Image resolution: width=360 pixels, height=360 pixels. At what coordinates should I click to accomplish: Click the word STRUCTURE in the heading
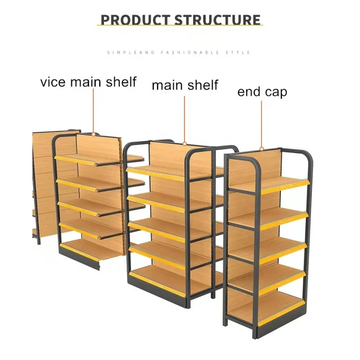(x=217, y=20)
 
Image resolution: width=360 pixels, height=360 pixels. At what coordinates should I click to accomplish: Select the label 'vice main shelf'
(x=88, y=82)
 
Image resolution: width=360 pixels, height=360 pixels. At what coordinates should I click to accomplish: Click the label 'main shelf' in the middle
(x=184, y=85)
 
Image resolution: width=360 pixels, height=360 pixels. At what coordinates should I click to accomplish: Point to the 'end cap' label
(x=262, y=92)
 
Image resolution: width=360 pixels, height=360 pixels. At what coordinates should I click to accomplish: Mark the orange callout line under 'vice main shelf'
(x=93, y=110)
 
